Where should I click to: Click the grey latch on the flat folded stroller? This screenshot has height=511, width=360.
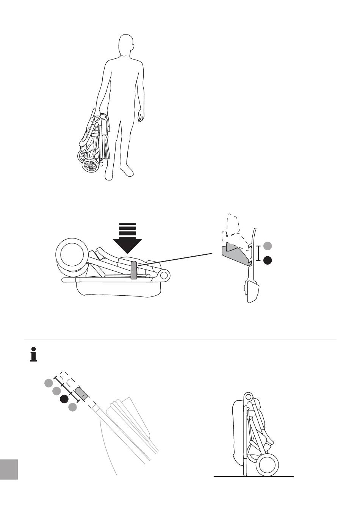133,270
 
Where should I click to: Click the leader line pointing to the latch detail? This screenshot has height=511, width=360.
178,260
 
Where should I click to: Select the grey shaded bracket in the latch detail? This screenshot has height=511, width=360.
235,254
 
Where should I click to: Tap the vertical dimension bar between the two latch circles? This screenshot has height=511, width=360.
259,253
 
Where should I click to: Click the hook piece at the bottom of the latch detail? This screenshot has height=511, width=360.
252,292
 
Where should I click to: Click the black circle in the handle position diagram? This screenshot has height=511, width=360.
64,399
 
